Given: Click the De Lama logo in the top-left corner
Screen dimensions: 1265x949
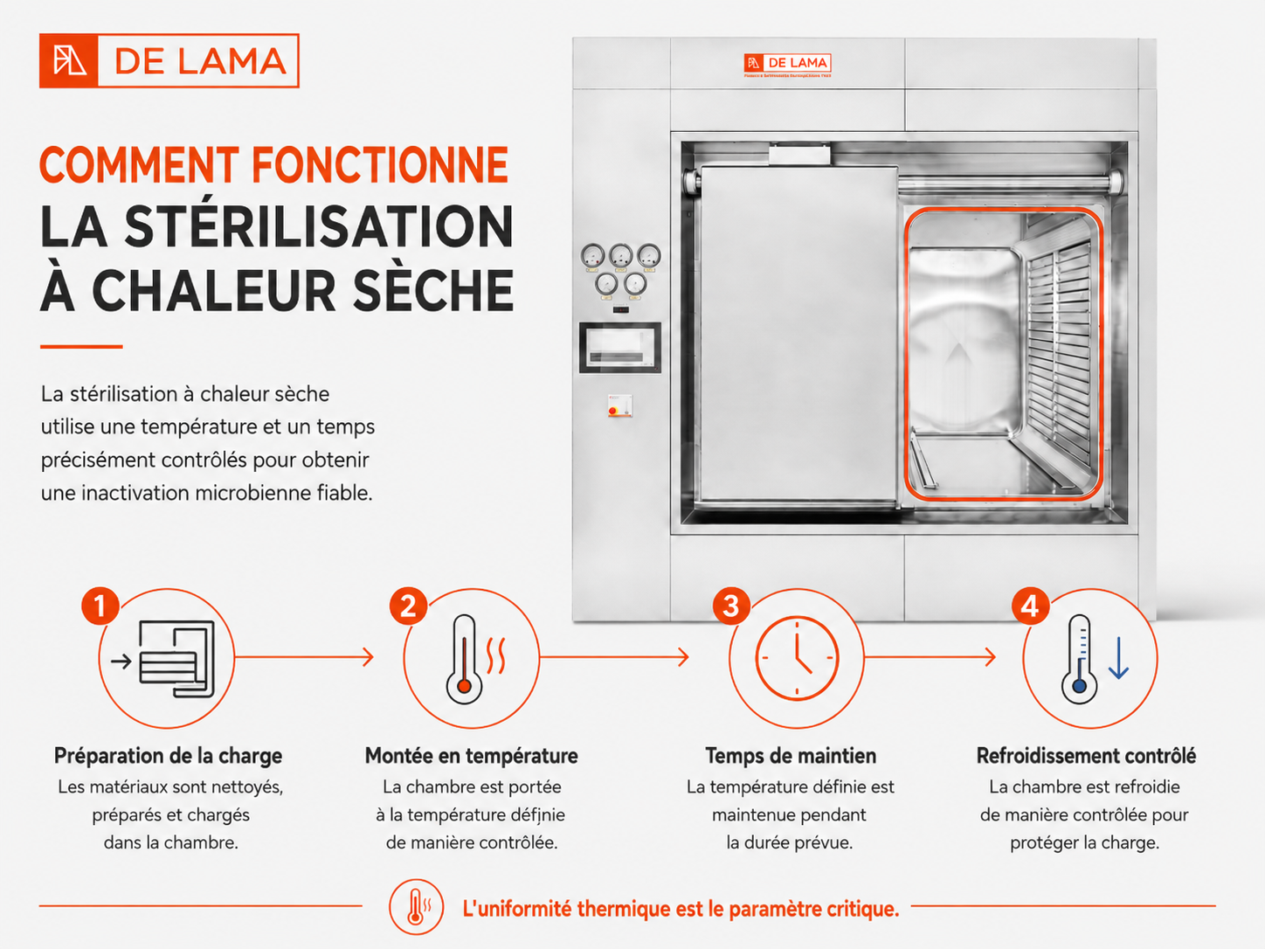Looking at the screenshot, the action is click(x=169, y=60).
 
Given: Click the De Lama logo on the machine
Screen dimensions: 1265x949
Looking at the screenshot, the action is click(x=787, y=64).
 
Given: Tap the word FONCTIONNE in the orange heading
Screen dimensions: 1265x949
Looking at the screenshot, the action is click(x=380, y=165).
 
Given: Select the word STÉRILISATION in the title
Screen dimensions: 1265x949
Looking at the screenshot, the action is click(x=319, y=226).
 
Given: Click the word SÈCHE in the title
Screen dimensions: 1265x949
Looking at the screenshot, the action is click(x=432, y=290).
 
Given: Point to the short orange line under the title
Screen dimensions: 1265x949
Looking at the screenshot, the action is click(x=81, y=346).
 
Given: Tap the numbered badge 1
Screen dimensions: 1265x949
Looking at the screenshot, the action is click(x=100, y=606).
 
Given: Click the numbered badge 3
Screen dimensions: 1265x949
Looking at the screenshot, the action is click(x=730, y=606).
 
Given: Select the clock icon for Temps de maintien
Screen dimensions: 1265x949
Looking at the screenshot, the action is click(x=797, y=657).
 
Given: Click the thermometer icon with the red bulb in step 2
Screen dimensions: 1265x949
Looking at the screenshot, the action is click(x=464, y=659).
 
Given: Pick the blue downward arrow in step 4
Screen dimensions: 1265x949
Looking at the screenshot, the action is click(x=1118, y=658).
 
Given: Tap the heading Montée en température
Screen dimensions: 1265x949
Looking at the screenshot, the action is click(x=472, y=755).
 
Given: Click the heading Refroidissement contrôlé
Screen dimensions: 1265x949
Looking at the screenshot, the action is click(x=1086, y=755).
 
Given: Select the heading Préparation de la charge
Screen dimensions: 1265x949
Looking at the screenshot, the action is click(x=169, y=755).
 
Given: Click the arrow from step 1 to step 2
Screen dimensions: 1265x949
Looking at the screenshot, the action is click(x=304, y=657).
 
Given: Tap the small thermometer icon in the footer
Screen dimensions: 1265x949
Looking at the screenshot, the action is click(x=416, y=907).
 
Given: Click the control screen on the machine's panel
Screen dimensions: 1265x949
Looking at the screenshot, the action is click(x=620, y=348).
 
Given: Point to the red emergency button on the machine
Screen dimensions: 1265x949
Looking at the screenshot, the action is click(x=612, y=410).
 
